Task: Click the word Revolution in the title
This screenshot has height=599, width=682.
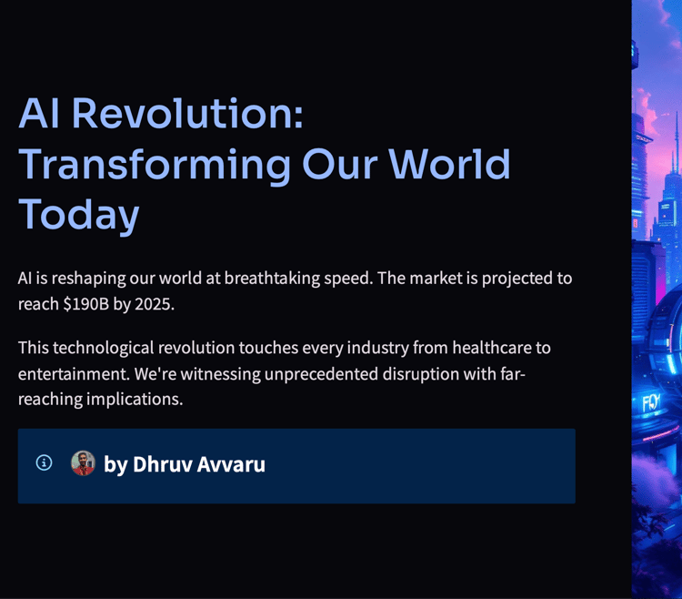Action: click(x=187, y=114)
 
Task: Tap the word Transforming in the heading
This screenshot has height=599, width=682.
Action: click(x=155, y=167)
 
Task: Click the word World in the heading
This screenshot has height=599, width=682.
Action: click(x=449, y=164)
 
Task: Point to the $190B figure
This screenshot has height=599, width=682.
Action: click(x=85, y=304)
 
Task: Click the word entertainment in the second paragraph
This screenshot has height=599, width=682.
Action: click(x=74, y=374)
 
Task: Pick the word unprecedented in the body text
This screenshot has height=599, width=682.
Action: click(x=321, y=374)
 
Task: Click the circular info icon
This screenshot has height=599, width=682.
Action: click(x=44, y=462)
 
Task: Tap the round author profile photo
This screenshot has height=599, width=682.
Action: click(x=83, y=462)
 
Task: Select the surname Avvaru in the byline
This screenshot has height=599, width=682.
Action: click(x=231, y=464)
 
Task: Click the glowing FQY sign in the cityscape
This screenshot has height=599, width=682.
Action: click(x=652, y=403)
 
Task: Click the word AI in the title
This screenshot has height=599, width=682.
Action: click(x=39, y=114)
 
